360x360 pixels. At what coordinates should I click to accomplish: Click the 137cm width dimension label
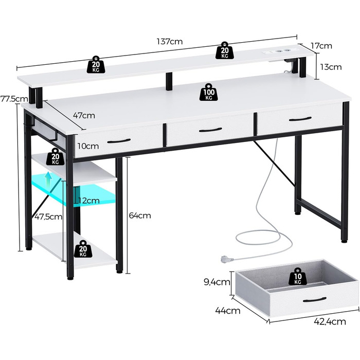point(170,42)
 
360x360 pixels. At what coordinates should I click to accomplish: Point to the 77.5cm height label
point(14,99)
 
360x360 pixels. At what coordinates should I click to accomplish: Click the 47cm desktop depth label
point(84,115)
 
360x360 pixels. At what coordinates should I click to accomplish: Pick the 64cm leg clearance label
point(140,215)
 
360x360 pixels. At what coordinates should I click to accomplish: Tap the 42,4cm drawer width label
point(330,321)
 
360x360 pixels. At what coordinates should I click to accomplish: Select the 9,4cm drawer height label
point(217,282)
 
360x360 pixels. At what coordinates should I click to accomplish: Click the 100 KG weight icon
point(209,92)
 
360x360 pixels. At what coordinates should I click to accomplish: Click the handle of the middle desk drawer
point(210,130)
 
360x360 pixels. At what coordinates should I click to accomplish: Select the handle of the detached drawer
point(315,300)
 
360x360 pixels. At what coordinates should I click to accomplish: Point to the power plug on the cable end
point(227,259)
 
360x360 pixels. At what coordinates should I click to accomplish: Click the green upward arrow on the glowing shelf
point(48,179)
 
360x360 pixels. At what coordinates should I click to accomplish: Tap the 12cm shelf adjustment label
point(88,201)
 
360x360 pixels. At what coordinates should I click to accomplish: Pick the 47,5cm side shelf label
point(48,217)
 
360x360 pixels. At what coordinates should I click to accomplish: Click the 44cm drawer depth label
point(227,311)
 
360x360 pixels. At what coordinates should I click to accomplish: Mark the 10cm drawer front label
point(88,146)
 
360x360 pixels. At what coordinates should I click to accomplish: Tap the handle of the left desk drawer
point(119,141)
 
